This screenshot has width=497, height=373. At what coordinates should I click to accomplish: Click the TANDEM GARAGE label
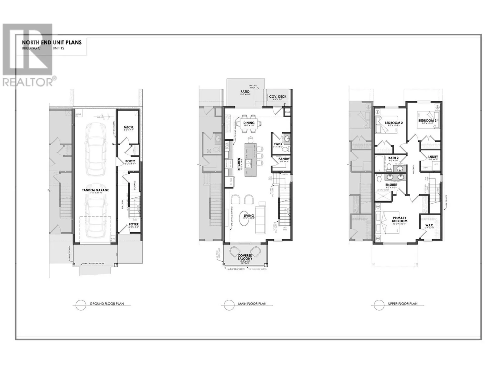coord(95,190)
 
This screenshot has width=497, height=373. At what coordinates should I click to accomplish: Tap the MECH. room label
coord(129,127)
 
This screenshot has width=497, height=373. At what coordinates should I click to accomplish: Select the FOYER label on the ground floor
coord(134,224)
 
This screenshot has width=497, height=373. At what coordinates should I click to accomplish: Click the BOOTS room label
coord(130,161)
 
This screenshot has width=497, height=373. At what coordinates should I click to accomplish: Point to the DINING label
coord(249,123)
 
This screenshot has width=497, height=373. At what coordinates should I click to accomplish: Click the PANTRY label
coord(284,159)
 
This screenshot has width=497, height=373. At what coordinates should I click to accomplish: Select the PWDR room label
coord(278,144)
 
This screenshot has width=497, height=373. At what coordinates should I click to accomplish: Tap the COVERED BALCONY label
coord(245,257)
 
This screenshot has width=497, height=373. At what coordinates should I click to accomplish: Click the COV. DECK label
coord(277,97)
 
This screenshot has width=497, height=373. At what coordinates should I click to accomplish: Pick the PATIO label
coord(245,91)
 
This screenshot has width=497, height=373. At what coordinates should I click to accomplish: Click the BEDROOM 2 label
coord(393,123)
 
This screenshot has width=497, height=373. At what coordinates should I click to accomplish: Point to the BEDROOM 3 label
coord(427,120)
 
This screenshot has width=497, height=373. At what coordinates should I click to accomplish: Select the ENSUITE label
coord(391,185)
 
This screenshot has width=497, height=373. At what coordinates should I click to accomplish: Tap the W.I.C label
coord(429,225)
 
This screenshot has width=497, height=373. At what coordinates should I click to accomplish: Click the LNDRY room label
coord(433,157)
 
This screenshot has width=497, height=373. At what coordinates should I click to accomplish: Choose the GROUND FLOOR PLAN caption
coord(107,304)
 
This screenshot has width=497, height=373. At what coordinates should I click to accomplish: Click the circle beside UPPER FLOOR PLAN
coord(379,305)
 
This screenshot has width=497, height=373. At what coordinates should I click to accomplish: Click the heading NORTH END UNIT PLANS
coord(52,42)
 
